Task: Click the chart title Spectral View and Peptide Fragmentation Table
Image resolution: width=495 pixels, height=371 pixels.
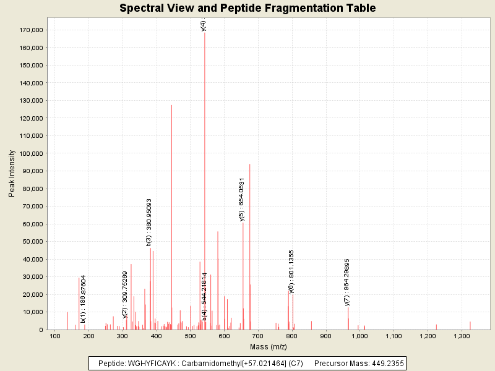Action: tap(247, 9)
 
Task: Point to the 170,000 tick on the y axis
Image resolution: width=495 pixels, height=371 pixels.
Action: tap(30, 30)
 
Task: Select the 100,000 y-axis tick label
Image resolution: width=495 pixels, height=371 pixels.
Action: tap(30, 153)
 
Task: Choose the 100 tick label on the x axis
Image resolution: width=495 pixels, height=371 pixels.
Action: tap(55, 336)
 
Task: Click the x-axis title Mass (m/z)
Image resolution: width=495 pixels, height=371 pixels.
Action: tap(268, 346)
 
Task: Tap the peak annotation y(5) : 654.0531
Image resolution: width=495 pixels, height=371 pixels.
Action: tap(242, 198)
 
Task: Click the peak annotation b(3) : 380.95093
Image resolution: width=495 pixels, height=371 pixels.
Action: tap(149, 222)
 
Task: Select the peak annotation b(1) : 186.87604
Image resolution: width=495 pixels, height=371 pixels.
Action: tap(84, 299)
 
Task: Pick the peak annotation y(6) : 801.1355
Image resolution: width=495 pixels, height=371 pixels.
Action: tap(291, 271)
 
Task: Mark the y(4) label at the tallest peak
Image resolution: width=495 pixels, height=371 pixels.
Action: tap(204, 25)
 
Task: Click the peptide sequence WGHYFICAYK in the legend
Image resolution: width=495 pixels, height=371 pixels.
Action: tap(148, 364)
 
